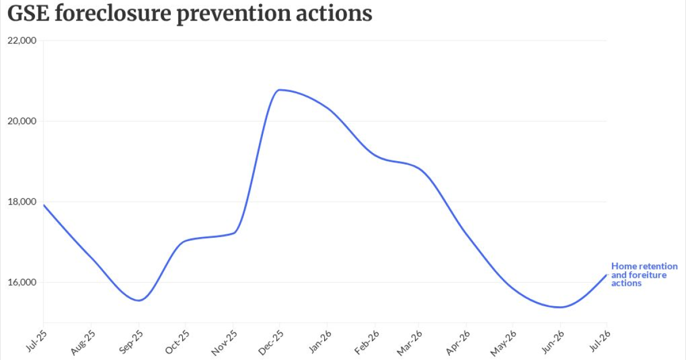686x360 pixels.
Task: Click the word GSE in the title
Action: point(28,13)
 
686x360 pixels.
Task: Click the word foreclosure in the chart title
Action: point(113,13)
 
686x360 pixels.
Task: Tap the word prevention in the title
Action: point(234,14)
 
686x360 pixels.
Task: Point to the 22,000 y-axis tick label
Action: point(22,41)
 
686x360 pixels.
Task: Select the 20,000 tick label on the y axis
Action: point(22,121)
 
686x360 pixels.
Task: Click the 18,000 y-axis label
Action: point(22,202)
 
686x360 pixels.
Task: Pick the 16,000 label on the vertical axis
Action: point(22,282)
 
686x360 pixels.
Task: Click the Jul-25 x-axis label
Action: point(37,341)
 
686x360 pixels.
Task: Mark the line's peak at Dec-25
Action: point(280,90)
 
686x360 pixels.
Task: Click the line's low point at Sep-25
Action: point(139,301)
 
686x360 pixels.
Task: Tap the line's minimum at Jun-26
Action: point(560,307)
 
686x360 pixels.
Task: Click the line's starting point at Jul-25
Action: point(43,205)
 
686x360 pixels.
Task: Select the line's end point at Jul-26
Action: point(607,275)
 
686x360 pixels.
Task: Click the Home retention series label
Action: point(644,275)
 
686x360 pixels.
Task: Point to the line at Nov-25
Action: point(233,233)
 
